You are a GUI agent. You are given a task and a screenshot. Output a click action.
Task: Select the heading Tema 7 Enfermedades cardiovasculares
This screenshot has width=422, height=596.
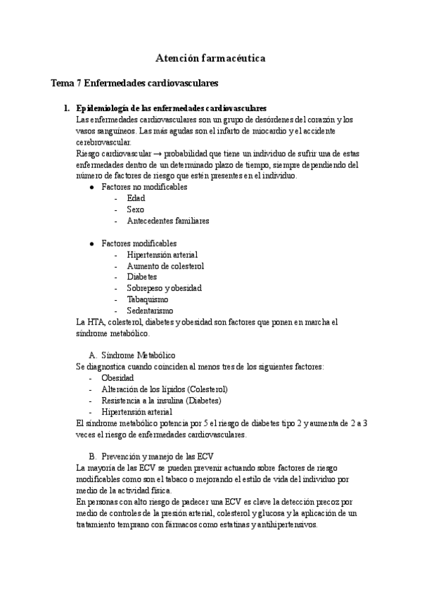coord(134,83)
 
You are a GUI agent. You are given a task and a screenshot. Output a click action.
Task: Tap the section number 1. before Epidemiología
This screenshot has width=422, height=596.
coord(67,108)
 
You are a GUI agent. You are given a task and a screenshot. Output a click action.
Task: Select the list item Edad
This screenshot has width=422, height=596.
coord(136,198)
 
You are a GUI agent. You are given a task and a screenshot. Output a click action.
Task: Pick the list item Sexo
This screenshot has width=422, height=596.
coord(135,209)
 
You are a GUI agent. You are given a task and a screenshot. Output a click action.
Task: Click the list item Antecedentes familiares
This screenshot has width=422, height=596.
coord(168,221)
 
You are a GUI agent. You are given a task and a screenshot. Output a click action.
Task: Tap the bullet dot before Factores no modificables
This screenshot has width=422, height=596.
coord(92,188)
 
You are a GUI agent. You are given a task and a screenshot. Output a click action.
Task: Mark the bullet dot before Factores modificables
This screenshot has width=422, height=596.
coord(92,244)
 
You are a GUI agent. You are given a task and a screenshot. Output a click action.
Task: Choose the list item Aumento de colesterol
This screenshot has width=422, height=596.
coord(165,266)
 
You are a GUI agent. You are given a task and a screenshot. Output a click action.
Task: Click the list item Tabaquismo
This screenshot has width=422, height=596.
coord(147,299)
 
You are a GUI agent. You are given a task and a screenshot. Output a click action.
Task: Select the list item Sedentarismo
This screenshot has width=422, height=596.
coord(150,311)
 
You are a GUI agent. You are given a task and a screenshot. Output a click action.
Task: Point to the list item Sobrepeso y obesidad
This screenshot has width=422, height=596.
coord(164,288)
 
